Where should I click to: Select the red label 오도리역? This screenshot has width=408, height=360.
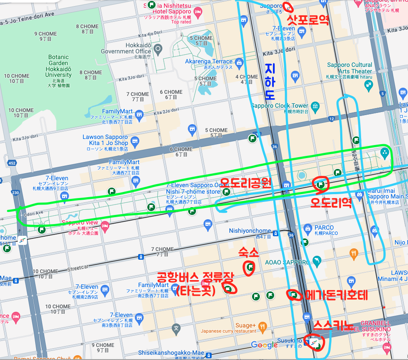click(x=331, y=203)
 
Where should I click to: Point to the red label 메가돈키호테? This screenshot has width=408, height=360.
click(x=337, y=295)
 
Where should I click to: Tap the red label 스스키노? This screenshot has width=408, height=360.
click(x=331, y=324)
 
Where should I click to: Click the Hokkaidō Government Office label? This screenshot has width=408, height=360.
click(x=123, y=48)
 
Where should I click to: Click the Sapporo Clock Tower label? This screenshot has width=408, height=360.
click(x=279, y=106)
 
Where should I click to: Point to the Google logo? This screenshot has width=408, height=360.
click(x=264, y=345)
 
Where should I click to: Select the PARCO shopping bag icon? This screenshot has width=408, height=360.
click(x=308, y=228)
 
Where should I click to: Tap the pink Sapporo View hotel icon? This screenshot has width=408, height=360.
click(x=104, y=225)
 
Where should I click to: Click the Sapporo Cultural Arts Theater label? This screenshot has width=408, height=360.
click(x=349, y=68)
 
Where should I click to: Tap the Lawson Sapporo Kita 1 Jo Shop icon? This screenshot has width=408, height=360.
click(x=135, y=141)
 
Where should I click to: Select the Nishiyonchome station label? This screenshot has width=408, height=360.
click(x=250, y=231)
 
